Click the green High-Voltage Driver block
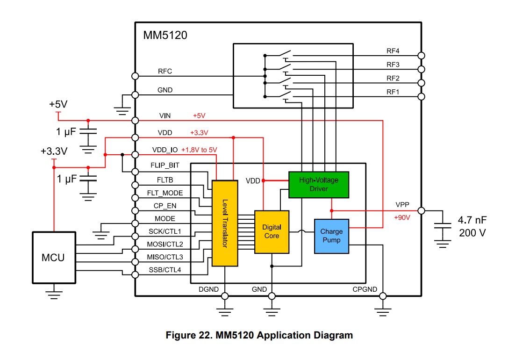pyautogui.click(x=318, y=185)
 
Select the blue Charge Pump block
pyautogui.click(x=331, y=236)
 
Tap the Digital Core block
pyautogui.click(x=272, y=232)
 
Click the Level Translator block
pyautogui.click(x=225, y=223)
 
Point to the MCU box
pyautogui.click(x=53, y=257)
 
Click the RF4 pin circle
pyautogui.click(x=421, y=56)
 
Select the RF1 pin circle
pyautogui.click(x=421, y=97)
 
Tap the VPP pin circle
pyautogui.click(x=421, y=210)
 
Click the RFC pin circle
pyautogui.click(x=136, y=76)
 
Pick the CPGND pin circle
pyautogui.click(x=383, y=296)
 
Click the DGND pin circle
pyautogui.click(x=225, y=296)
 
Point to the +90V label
pyautogui.click(x=402, y=218)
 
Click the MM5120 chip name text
pyautogui.click(x=165, y=35)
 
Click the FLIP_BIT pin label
pyautogui.click(x=165, y=166)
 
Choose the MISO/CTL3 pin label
pyautogui.click(x=165, y=257)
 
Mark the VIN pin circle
pyautogui.click(x=136, y=120)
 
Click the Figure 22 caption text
pyautogui.click(x=259, y=335)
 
